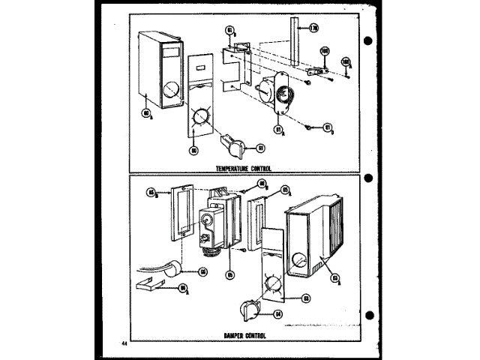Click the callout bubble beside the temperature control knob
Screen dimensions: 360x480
pyautogui.click(x=261, y=148)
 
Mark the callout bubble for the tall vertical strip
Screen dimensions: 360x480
pyautogui.click(x=313, y=28)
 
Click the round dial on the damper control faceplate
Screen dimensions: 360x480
pyautogui.click(x=274, y=287)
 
